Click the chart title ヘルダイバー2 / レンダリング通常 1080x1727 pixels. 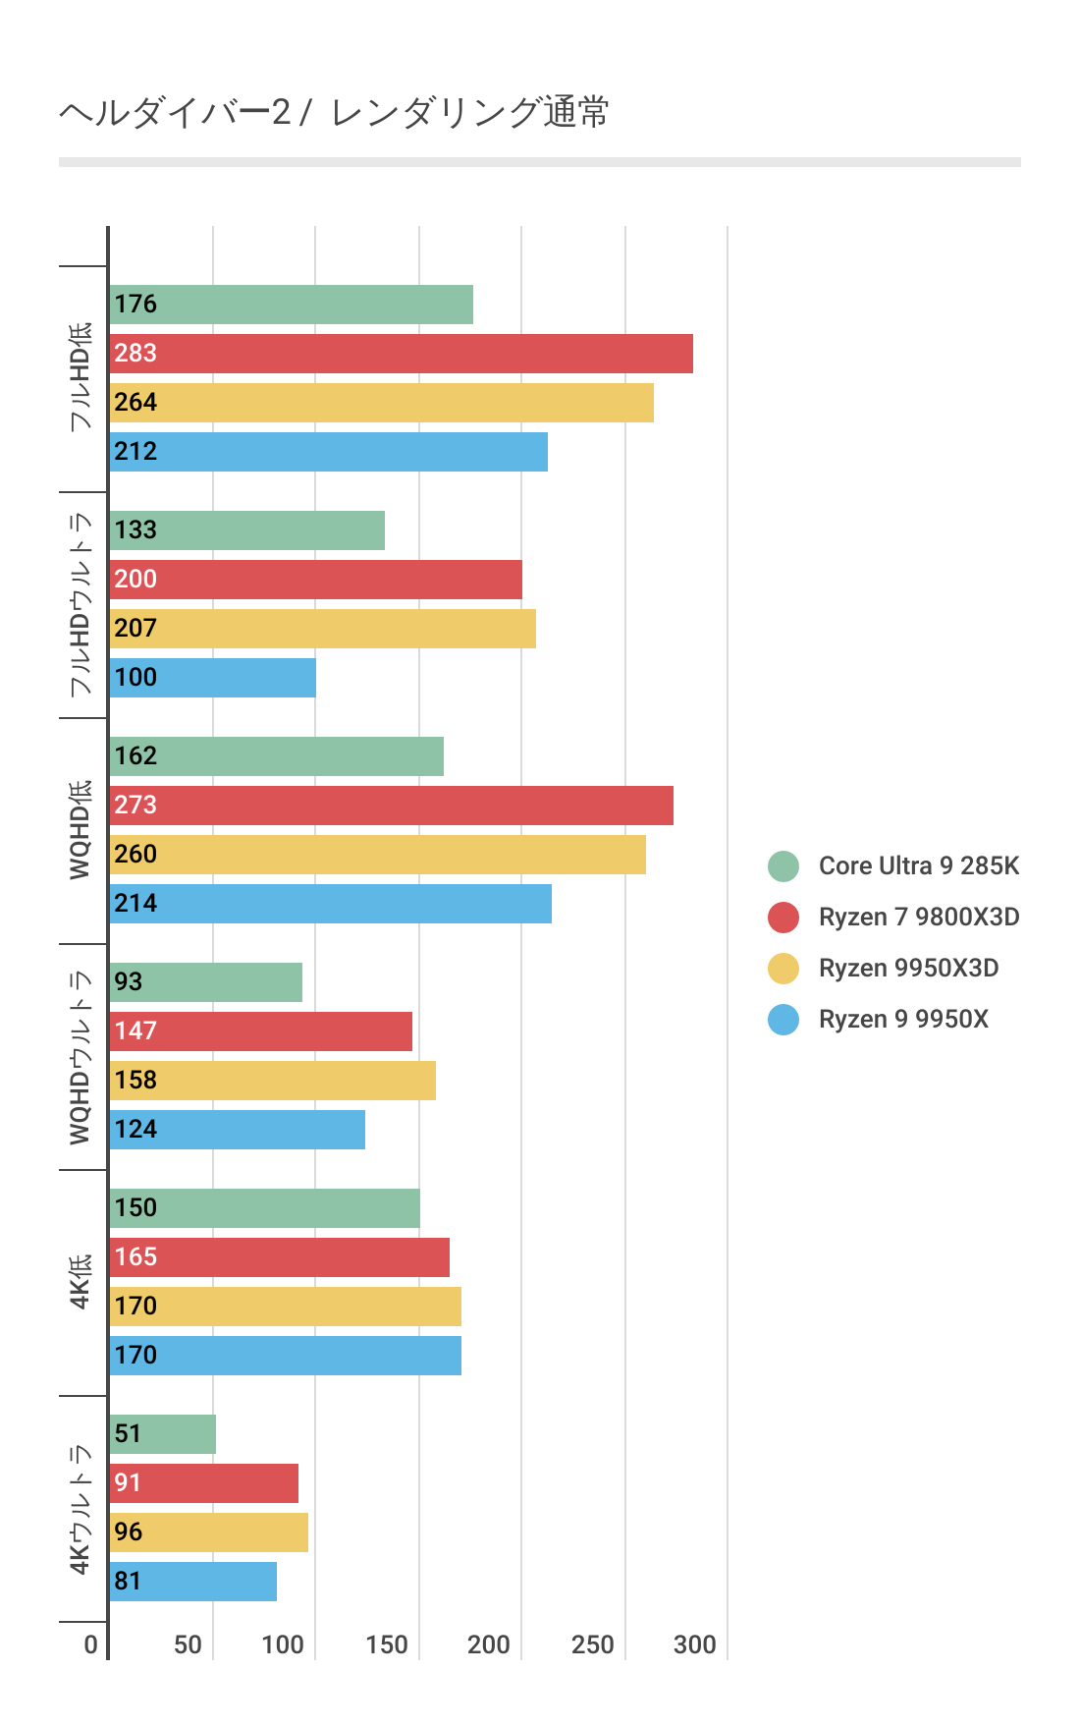[334, 113]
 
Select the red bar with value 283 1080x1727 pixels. [401, 354]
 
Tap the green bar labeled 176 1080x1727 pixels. [291, 305]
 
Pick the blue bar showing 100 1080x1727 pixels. [212, 678]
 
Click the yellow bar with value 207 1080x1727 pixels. [322, 629]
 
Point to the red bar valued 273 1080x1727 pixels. [391, 806]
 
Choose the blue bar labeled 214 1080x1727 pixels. [330, 904]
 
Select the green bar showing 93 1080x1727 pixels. [205, 982]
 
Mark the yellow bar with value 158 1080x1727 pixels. [272, 1081]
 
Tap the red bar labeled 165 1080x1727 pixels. [279, 1257]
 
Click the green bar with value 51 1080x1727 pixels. [162, 1434]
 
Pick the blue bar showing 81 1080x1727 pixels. [192, 1582]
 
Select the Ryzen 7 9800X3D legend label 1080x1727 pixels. [918, 918]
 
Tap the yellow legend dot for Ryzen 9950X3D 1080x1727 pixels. [783, 969]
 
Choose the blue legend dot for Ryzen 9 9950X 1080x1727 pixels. [783, 1020]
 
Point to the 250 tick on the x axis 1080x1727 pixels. [592, 1644]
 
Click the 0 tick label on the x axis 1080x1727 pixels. [91, 1644]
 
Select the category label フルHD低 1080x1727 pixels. [81, 377]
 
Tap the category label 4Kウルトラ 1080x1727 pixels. [81, 1509]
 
